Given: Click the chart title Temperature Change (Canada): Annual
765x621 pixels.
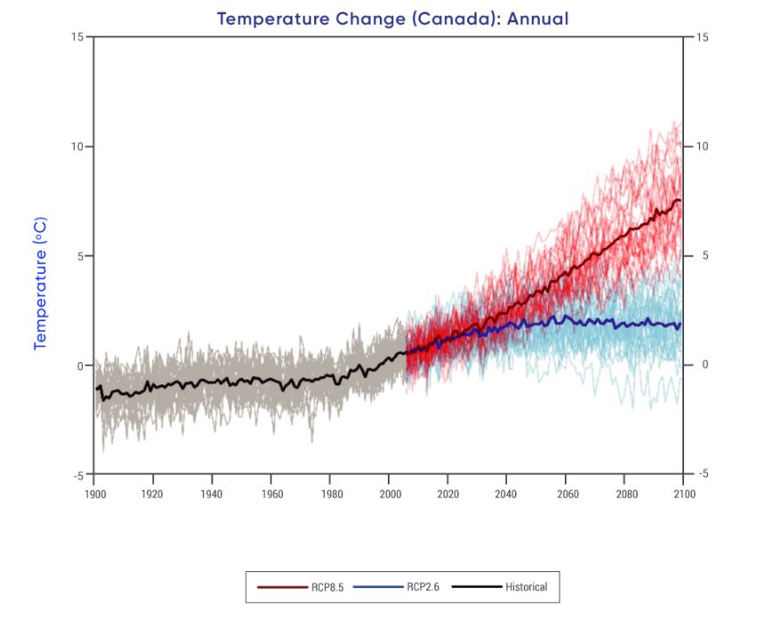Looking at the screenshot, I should (392, 19).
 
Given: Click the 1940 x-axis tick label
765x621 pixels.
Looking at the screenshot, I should (212, 493).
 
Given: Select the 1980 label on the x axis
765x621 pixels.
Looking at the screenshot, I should (330, 493).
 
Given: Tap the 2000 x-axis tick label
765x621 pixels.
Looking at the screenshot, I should (389, 493).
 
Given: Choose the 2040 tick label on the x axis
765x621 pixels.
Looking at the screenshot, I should (506, 493).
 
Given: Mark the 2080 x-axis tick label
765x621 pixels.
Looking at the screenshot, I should (624, 493).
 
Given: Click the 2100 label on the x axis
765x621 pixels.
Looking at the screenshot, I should (683, 493).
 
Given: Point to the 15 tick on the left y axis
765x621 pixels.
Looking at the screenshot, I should (78, 36).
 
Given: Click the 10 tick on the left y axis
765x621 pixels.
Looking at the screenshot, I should (78, 146).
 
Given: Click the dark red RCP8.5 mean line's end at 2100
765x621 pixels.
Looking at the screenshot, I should (681, 201).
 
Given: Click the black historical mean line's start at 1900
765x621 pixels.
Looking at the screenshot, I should (96, 389).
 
